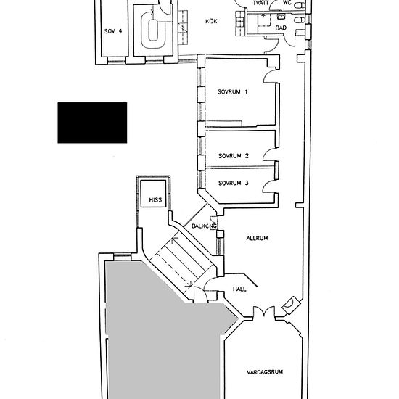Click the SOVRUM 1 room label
click(232, 91)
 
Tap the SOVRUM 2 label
click(234, 156)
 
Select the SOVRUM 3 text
click(234, 183)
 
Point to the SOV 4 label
click(113, 31)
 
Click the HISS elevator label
click(155, 200)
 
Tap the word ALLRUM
click(257, 239)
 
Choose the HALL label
click(239, 289)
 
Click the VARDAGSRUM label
click(265, 372)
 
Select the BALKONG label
click(205, 226)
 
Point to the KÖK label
click(211, 21)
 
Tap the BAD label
click(281, 28)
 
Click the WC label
click(287, 3)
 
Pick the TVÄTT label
click(261, 3)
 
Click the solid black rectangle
click(92, 123)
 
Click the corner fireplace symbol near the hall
click(290, 305)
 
